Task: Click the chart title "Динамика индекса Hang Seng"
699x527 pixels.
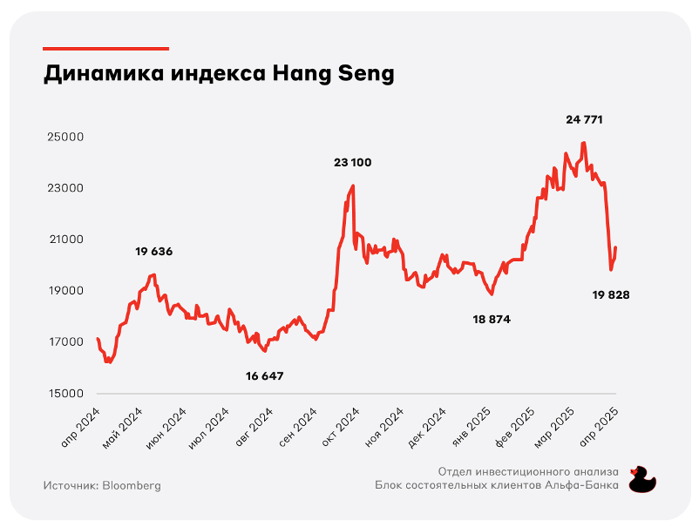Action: coord(219,75)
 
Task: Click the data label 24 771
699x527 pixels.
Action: coord(584,119)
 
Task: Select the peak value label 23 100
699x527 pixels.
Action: coord(353,163)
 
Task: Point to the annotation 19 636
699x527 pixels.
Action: coord(154,252)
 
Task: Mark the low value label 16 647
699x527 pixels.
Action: coord(265,376)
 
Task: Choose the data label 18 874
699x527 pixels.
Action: coord(492,320)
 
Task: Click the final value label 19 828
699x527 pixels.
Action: coord(611,295)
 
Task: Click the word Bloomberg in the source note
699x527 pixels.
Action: coord(132,485)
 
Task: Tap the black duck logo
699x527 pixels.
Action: coord(643,479)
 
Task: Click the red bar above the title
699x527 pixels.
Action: coord(105,48)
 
